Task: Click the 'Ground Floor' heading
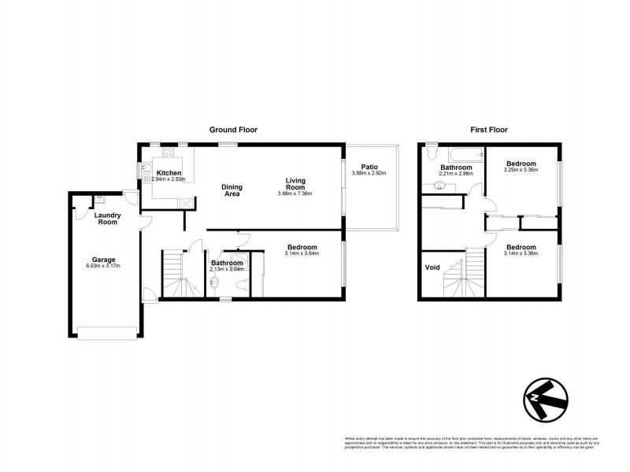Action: pyautogui.click(x=233, y=130)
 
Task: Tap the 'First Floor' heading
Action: pyautogui.click(x=489, y=130)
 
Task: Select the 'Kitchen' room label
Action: pyautogui.click(x=169, y=173)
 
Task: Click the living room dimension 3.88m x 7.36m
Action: pyautogui.click(x=295, y=194)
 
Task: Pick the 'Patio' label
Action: pyautogui.click(x=370, y=167)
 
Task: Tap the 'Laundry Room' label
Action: pyautogui.click(x=106, y=218)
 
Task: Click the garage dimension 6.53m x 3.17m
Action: pyautogui.click(x=104, y=266)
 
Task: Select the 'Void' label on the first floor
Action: pyautogui.click(x=432, y=267)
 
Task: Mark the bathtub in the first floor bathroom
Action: pyautogui.click(x=458, y=154)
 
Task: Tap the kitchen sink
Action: pyautogui.click(x=146, y=168)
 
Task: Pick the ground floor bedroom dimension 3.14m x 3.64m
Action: pyautogui.click(x=302, y=253)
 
